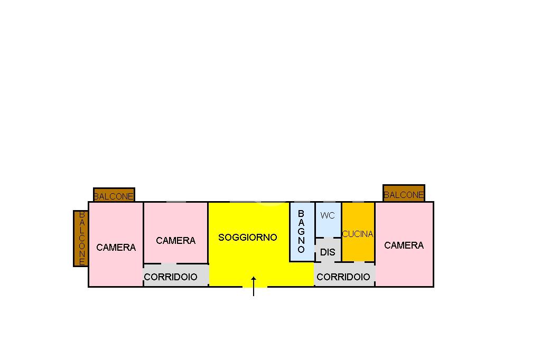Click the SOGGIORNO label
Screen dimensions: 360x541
click(x=247, y=238)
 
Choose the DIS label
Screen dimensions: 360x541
click(x=328, y=252)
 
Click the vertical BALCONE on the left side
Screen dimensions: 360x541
click(x=81, y=238)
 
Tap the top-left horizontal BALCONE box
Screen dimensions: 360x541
click(x=114, y=195)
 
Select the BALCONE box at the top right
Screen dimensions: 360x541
click(x=404, y=194)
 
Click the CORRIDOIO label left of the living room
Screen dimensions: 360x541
click(x=171, y=277)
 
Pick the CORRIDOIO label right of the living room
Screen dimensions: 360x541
click(x=343, y=277)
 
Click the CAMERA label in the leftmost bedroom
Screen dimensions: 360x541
click(x=116, y=247)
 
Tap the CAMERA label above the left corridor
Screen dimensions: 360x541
click(x=176, y=240)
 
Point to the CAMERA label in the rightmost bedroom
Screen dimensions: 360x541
click(x=404, y=245)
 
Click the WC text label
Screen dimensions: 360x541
click(x=328, y=215)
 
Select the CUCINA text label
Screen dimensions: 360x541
click(x=358, y=234)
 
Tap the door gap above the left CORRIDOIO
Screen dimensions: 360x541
click(x=169, y=263)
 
